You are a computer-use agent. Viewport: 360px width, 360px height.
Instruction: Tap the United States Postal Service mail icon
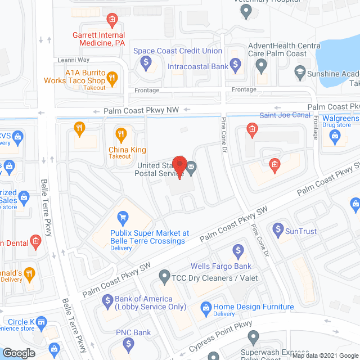191,166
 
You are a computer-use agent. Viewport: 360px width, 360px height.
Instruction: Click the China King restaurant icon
120,134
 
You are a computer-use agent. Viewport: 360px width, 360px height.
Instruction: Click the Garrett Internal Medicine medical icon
111,21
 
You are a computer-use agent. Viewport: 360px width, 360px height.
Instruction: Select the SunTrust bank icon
277,229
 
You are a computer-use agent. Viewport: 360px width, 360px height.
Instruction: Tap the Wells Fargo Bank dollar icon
237,249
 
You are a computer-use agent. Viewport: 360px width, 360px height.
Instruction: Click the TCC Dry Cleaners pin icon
164,276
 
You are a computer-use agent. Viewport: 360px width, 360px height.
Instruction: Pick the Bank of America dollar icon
107,302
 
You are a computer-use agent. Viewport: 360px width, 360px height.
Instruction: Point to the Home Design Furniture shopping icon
206,307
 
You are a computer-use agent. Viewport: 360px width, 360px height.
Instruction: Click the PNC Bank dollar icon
129,343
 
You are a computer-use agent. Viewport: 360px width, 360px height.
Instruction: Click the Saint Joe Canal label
285,115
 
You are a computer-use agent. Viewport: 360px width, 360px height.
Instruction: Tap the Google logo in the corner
19,353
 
